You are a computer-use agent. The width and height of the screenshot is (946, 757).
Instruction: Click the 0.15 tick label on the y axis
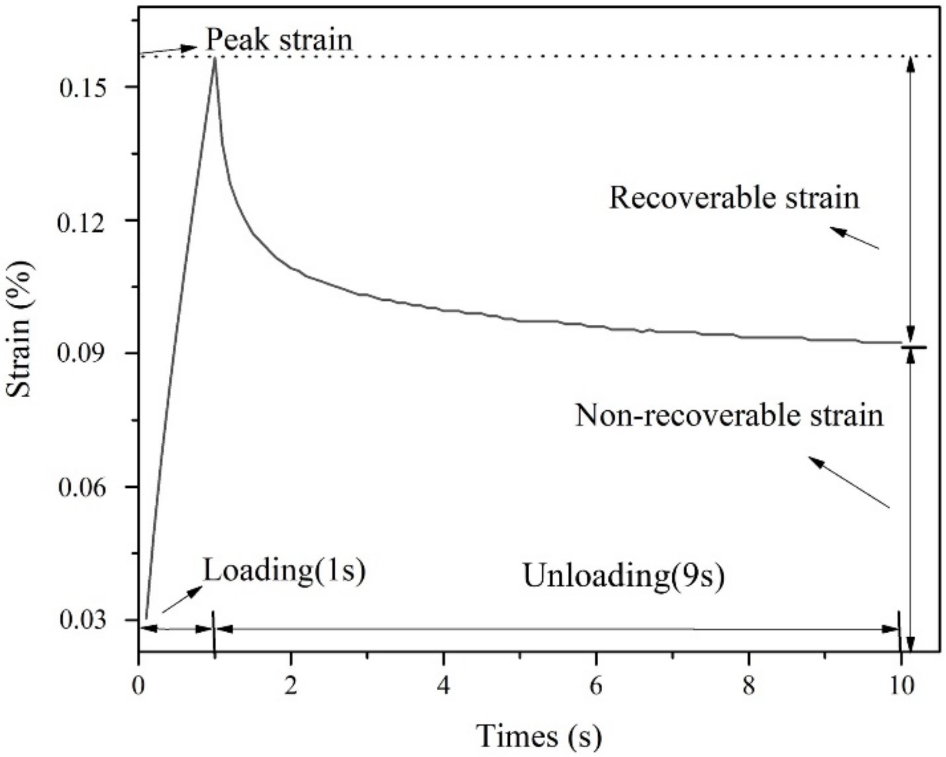[82, 88]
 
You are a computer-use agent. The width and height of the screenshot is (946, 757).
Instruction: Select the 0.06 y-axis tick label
[82, 488]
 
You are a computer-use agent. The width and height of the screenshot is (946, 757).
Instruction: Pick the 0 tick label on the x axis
[139, 686]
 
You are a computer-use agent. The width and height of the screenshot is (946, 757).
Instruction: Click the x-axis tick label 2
[290, 686]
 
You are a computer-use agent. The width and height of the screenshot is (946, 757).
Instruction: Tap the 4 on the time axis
[443, 686]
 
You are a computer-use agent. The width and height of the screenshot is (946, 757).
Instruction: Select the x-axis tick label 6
[596, 686]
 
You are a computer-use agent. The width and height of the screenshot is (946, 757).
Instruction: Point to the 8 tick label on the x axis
[749, 686]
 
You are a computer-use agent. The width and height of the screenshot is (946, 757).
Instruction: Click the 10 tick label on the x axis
[900, 686]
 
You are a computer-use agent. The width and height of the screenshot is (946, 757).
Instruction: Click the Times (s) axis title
[538, 736]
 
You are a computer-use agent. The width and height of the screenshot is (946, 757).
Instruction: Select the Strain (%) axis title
[19, 330]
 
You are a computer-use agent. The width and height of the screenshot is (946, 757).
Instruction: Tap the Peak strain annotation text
[279, 39]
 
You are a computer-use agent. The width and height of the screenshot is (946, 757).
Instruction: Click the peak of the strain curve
[214, 58]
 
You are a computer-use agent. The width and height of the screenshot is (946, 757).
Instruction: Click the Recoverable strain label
[734, 198]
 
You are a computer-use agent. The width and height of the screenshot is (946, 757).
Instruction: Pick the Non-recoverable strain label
[729, 415]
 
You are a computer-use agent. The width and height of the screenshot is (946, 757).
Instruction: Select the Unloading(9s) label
[624, 575]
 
